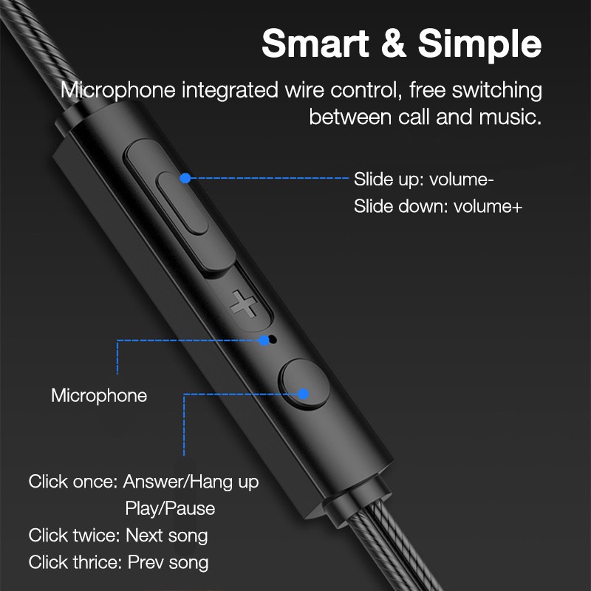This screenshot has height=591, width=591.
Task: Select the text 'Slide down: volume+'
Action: [x=437, y=206]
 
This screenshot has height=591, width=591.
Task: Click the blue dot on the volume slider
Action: [x=185, y=178]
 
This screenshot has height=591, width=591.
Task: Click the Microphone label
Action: [x=99, y=395]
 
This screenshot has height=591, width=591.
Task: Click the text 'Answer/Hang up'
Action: [x=191, y=482]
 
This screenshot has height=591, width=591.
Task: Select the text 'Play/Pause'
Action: [x=170, y=509]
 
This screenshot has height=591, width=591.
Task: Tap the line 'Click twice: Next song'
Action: [x=118, y=535]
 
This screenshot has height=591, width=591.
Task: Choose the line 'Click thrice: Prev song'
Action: [x=118, y=562]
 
